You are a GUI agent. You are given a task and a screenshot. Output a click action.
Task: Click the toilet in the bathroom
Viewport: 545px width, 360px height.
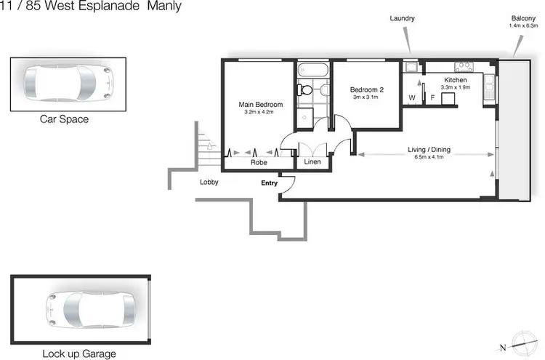(307, 90)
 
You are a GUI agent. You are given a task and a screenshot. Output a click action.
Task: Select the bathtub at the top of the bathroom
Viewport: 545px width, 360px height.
(313, 71)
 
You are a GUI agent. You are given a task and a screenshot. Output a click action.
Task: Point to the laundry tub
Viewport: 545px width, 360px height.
(411, 68)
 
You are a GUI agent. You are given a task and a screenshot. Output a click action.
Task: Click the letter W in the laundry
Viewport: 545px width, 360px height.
(411, 97)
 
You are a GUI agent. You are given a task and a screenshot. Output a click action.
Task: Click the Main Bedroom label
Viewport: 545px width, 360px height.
(260, 105)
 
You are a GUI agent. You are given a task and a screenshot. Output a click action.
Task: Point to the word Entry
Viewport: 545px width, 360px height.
(270, 183)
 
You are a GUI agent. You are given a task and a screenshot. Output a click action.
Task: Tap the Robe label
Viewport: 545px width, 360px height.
(259, 163)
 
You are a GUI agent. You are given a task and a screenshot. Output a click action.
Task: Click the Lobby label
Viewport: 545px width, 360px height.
(209, 182)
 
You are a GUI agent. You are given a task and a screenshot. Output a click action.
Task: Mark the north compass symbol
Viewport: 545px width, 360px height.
(522, 344)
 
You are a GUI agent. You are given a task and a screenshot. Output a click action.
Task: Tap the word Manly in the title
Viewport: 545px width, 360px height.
(164, 7)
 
